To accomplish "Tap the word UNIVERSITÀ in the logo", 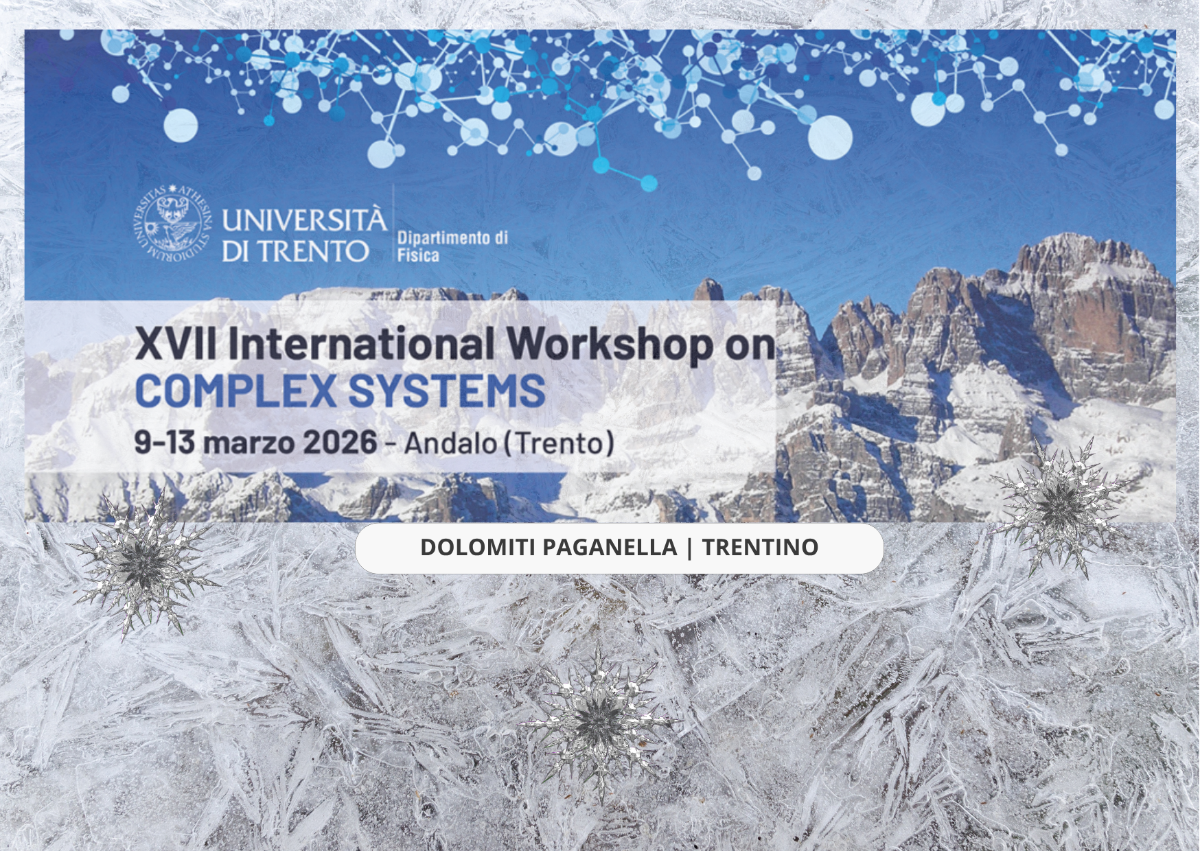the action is coord(304,220).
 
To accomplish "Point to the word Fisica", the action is coord(418,255).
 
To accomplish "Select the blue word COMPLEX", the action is coord(235,390).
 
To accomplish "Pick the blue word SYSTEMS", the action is coord(447,390).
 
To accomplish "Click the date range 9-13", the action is coord(165,442).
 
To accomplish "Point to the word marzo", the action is coord(249,443).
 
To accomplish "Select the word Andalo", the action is coord(450,443).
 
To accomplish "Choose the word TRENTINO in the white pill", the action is coord(760,547).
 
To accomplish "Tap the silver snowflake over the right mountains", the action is coord(1061,506).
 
